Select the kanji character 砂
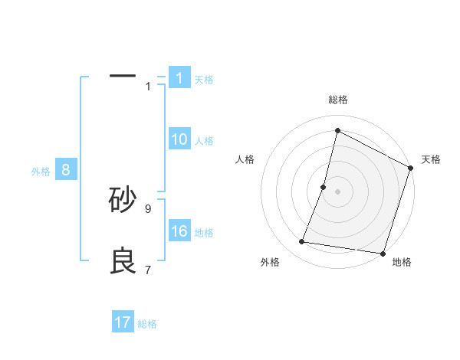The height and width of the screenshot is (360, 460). (x=123, y=200)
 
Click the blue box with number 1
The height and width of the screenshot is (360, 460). (x=179, y=78)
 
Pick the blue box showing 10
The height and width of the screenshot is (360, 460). (x=179, y=139)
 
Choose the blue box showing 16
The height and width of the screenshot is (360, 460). (x=179, y=231)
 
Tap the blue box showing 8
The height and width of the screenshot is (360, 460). (x=66, y=170)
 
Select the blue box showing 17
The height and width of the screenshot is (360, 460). (x=123, y=322)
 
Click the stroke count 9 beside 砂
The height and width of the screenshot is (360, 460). (x=148, y=208)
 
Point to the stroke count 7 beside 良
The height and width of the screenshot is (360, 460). (x=148, y=270)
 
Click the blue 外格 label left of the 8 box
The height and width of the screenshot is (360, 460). (x=41, y=172)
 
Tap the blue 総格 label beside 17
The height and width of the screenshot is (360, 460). (x=147, y=324)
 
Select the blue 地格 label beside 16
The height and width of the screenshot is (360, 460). (x=204, y=233)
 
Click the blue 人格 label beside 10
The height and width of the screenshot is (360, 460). (x=204, y=141)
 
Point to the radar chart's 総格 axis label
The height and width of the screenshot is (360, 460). (x=337, y=100)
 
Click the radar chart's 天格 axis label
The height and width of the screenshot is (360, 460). (x=431, y=159)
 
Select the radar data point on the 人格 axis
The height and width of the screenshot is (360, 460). (x=324, y=187)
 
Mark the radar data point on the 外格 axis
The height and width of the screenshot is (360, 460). (x=302, y=242)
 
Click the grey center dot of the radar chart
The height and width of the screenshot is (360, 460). (x=337, y=191)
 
